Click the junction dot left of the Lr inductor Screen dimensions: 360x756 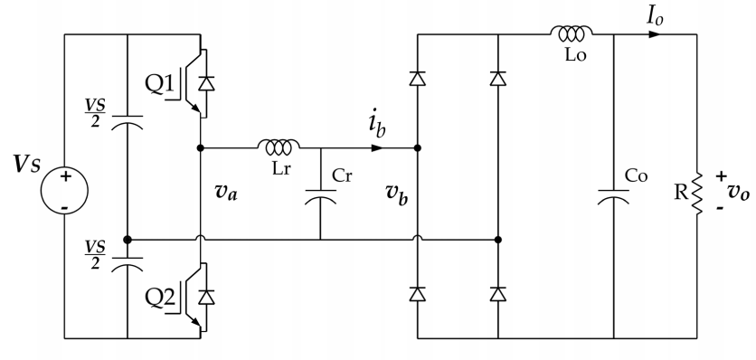tap(200, 147)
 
